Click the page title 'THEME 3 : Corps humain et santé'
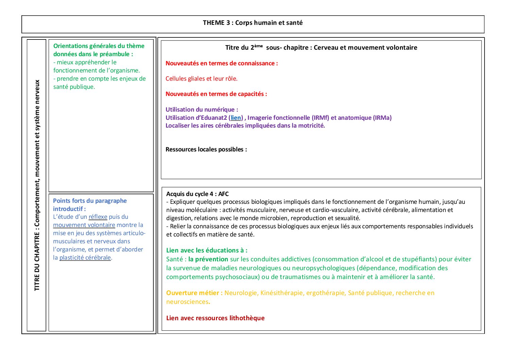[253, 23]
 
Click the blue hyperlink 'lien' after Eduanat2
[236, 118]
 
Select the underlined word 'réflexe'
[98, 217]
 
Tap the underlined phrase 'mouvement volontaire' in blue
[84, 225]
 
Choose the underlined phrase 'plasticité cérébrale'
[85, 258]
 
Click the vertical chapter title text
[37, 185]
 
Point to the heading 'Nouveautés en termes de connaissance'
[221, 63]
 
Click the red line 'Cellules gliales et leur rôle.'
[201, 79]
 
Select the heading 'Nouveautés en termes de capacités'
[216, 94]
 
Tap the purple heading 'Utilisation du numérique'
[202, 110]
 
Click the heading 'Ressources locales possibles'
[206, 149]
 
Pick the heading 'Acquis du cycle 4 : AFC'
[197, 194]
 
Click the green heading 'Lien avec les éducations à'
[207, 250]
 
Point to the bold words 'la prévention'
[208, 259]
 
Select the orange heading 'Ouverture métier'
[194, 293]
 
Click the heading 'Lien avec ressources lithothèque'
[215, 318]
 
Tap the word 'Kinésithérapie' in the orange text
[282, 293]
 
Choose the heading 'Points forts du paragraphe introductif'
[90, 204]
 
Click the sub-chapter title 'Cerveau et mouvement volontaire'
[365, 48]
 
